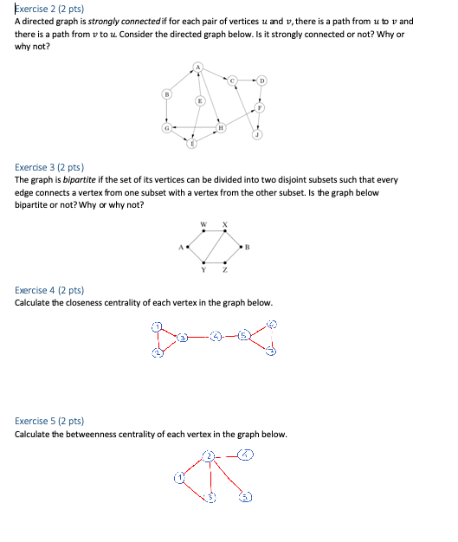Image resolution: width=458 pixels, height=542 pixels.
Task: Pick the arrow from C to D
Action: coord(247,81)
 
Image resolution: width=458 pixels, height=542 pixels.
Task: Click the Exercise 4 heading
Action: coord(48,291)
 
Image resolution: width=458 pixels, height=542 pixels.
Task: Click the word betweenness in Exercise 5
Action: coord(100,434)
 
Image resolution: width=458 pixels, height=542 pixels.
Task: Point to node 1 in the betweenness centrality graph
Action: coord(179,475)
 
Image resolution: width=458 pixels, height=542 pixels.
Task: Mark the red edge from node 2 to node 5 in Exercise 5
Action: coord(229,475)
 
